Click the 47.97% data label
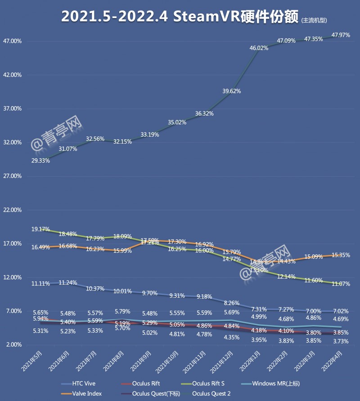click(x=341, y=35)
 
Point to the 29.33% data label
click(x=40, y=160)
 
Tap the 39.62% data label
click(x=231, y=91)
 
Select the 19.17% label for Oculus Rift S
click(x=40, y=229)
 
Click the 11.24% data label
click(x=68, y=283)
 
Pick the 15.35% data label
click(x=341, y=255)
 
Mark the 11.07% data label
click(x=341, y=284)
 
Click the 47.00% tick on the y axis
click(x=12, y=41)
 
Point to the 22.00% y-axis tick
click(x=12, y=210)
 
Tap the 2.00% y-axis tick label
click(x=13, y=345)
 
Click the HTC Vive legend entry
click(x=83, y=383)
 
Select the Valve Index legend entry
click(x=86, y=393)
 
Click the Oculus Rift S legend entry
click(x=207, y=383)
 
